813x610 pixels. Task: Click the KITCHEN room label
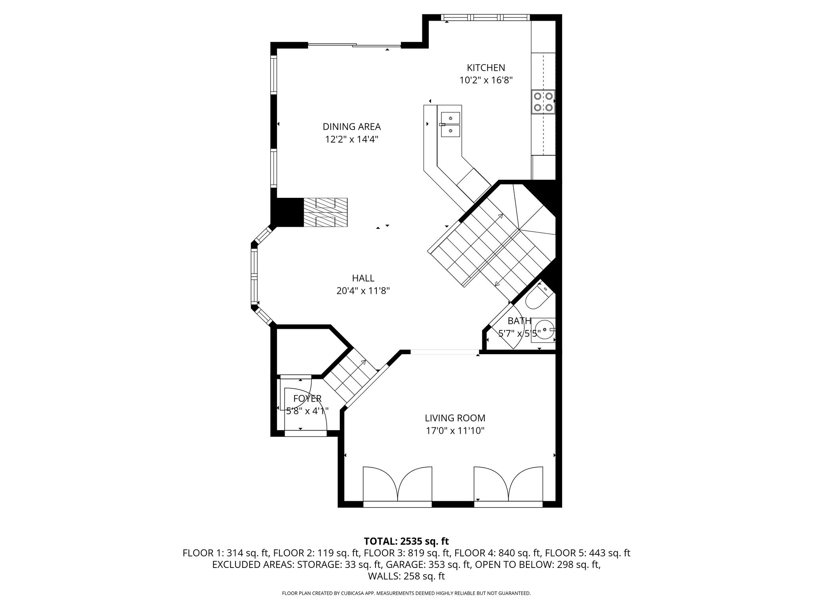486,68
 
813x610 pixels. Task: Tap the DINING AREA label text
352,127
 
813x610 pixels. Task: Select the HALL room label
363,278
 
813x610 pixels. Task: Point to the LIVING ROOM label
455,418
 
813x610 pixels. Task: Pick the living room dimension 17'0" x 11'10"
455,431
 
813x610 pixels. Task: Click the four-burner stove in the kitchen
543,102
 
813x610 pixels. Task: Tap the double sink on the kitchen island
451,124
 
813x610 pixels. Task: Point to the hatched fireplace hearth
326,212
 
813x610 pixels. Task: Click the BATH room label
519,321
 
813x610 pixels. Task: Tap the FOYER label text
307,398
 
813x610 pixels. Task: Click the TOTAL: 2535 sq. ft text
406,541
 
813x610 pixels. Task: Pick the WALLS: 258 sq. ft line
406,576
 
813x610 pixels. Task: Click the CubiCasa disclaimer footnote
406,593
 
